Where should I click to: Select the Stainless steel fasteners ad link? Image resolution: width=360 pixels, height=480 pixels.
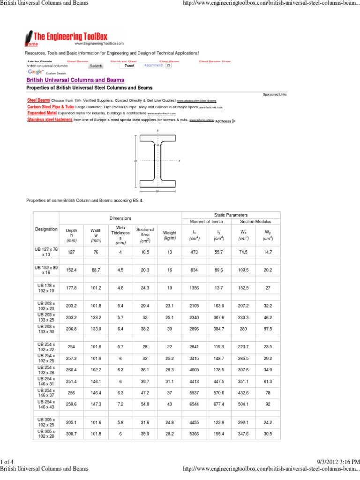pos(50,120)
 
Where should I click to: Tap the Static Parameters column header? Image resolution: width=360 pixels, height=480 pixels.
pos(231,214)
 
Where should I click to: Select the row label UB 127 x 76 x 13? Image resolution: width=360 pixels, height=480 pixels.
pos(46,252)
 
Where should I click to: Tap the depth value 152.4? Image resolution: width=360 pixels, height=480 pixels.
pos(71,270)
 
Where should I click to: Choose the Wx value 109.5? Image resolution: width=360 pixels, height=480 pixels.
pos(243,270)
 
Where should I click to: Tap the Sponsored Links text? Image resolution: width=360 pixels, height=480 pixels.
pos(275,94)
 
